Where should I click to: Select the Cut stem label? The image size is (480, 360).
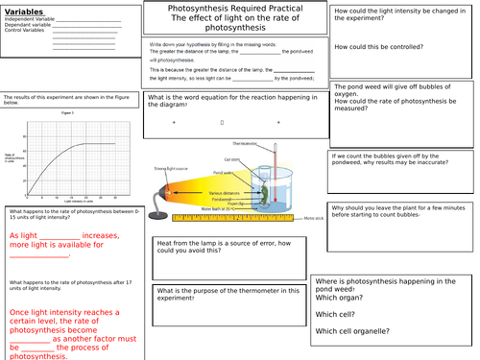232,159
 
